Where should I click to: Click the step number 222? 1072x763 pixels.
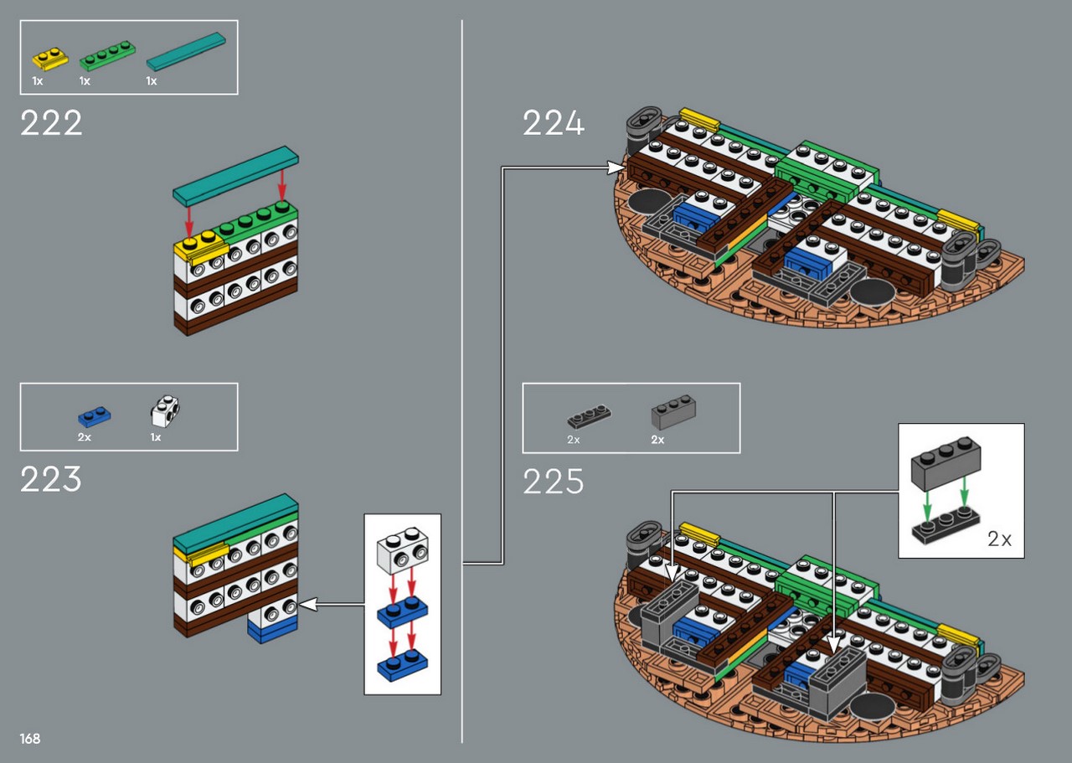[x=51, y=123]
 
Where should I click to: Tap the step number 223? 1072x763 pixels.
[x=51, y=479]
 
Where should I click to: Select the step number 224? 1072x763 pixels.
[x=554, y=123]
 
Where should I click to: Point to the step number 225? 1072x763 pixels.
[x=554, y=481]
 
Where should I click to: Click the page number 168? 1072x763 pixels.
[x=30, y=739]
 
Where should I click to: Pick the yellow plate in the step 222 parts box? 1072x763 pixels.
[x=49, y=59]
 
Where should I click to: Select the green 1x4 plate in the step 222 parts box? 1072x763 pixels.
[x=107, y=55]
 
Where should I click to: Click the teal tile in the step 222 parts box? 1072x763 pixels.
[x=186, y=51]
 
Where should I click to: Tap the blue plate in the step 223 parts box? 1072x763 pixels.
[x=95, y=416]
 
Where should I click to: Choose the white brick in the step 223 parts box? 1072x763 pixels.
[x=165, y=410]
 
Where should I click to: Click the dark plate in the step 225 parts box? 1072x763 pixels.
[x=589, y=416]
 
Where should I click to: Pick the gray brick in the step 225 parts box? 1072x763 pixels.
[x=673, y=412]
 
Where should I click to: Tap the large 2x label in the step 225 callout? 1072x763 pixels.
[x=999, y=539]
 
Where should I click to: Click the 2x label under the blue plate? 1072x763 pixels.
[x=85, y=437]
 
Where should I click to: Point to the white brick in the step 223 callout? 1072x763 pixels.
[x=403, y=550]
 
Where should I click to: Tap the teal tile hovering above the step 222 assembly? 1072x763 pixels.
[x=235, y=176]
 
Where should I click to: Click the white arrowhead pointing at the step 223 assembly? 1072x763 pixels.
[x=307, y=604]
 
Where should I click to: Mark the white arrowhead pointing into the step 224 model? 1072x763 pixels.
[x=616, y=168]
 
